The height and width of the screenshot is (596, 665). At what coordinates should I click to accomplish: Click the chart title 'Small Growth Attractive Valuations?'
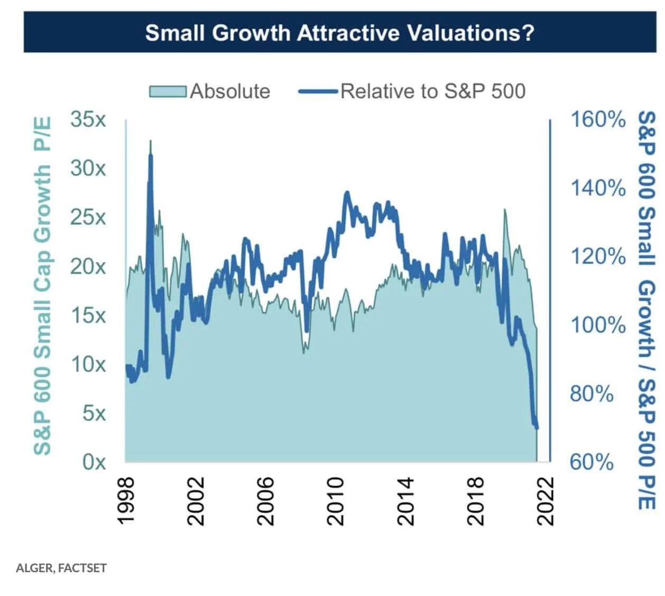coord(339,33)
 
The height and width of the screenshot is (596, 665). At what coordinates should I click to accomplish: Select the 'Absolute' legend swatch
coord(168,91)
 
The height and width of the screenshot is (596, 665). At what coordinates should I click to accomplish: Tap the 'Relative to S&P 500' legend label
coord(432,91)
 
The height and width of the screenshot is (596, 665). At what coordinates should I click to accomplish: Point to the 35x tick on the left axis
coord(88,119)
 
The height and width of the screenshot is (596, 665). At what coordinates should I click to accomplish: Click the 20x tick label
coord(88,266)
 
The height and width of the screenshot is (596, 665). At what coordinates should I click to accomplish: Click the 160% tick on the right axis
coord(597,119)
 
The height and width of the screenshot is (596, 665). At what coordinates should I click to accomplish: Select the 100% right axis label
coord(597,324)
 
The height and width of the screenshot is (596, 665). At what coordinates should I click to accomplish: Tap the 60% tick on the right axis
coord(591,462)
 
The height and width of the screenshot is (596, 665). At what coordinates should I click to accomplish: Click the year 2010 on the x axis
coord(336,501)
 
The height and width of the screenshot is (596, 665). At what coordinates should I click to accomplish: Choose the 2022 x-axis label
coord(546,501)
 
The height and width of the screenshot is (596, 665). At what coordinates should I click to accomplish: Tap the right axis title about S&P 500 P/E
coord(646,311)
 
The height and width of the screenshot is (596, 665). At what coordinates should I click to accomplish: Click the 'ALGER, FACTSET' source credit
coord(61,569)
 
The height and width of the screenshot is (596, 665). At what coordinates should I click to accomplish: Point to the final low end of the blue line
coord(537,427)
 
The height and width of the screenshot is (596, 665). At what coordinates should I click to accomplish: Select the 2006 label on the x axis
coord(266,501)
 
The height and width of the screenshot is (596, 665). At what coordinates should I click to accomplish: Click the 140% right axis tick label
coord(597,188)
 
